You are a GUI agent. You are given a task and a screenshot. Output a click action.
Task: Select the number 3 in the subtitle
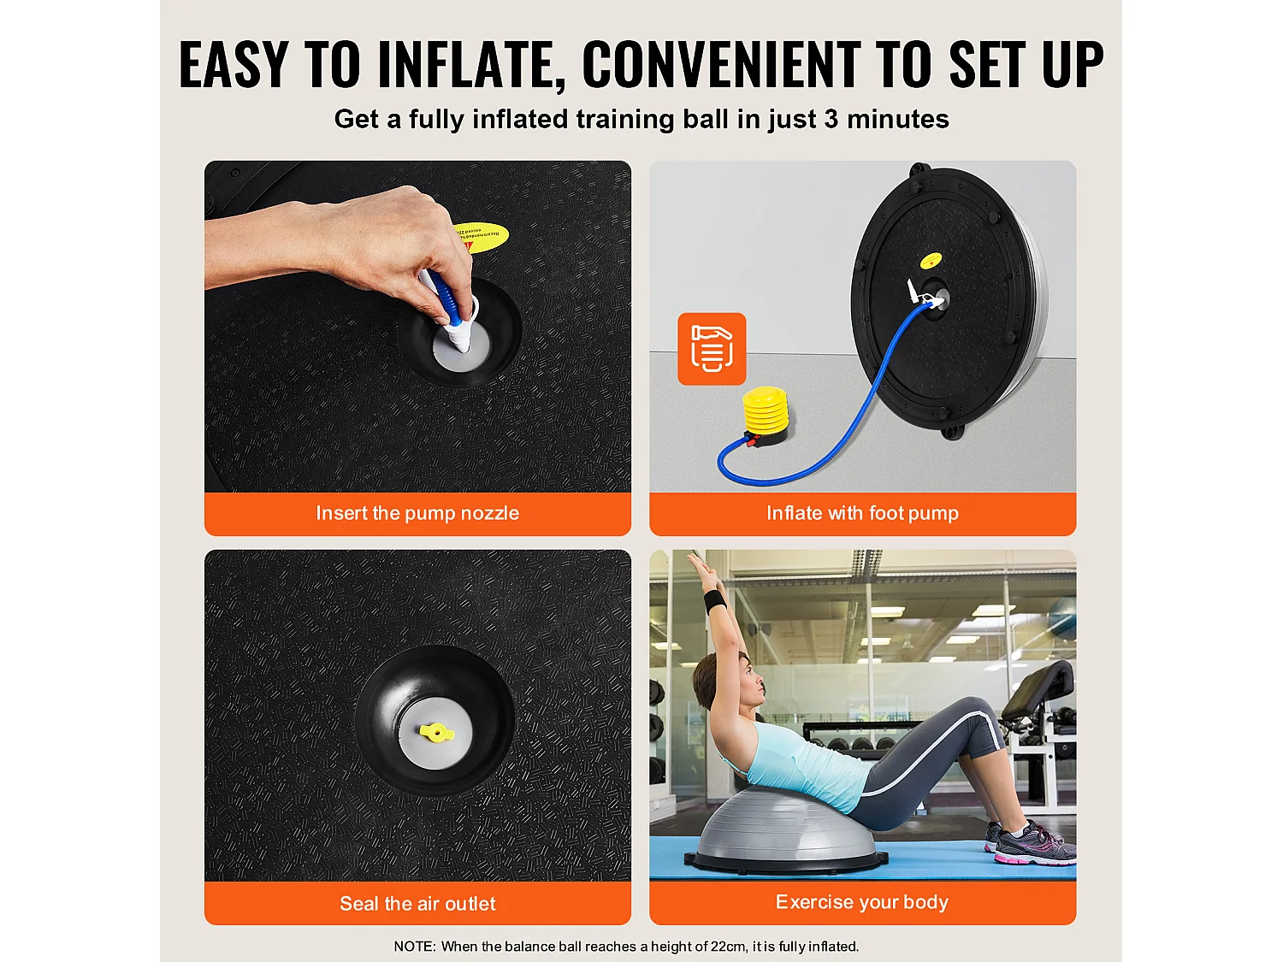click(x=831, y=119)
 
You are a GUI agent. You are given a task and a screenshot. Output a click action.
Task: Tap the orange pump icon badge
click(x=712, y=349)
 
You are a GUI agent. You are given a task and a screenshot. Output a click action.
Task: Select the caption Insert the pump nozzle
click(x=417, y=513)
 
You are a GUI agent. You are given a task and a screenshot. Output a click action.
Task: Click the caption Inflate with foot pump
click(x=862, y=513)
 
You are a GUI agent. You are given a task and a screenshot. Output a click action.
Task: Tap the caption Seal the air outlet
click(x=417, y=904)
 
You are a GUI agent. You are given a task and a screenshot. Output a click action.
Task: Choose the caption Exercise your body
click(x=861, y=902)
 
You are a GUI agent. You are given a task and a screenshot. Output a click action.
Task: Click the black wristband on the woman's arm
click(x=715, y=601)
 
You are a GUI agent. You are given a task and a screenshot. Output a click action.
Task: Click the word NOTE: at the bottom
click(x=415, y=946)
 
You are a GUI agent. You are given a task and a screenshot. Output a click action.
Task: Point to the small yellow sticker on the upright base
click(x=931, y=260)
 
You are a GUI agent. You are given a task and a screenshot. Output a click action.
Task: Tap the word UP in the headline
click(x=1072, y=64)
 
